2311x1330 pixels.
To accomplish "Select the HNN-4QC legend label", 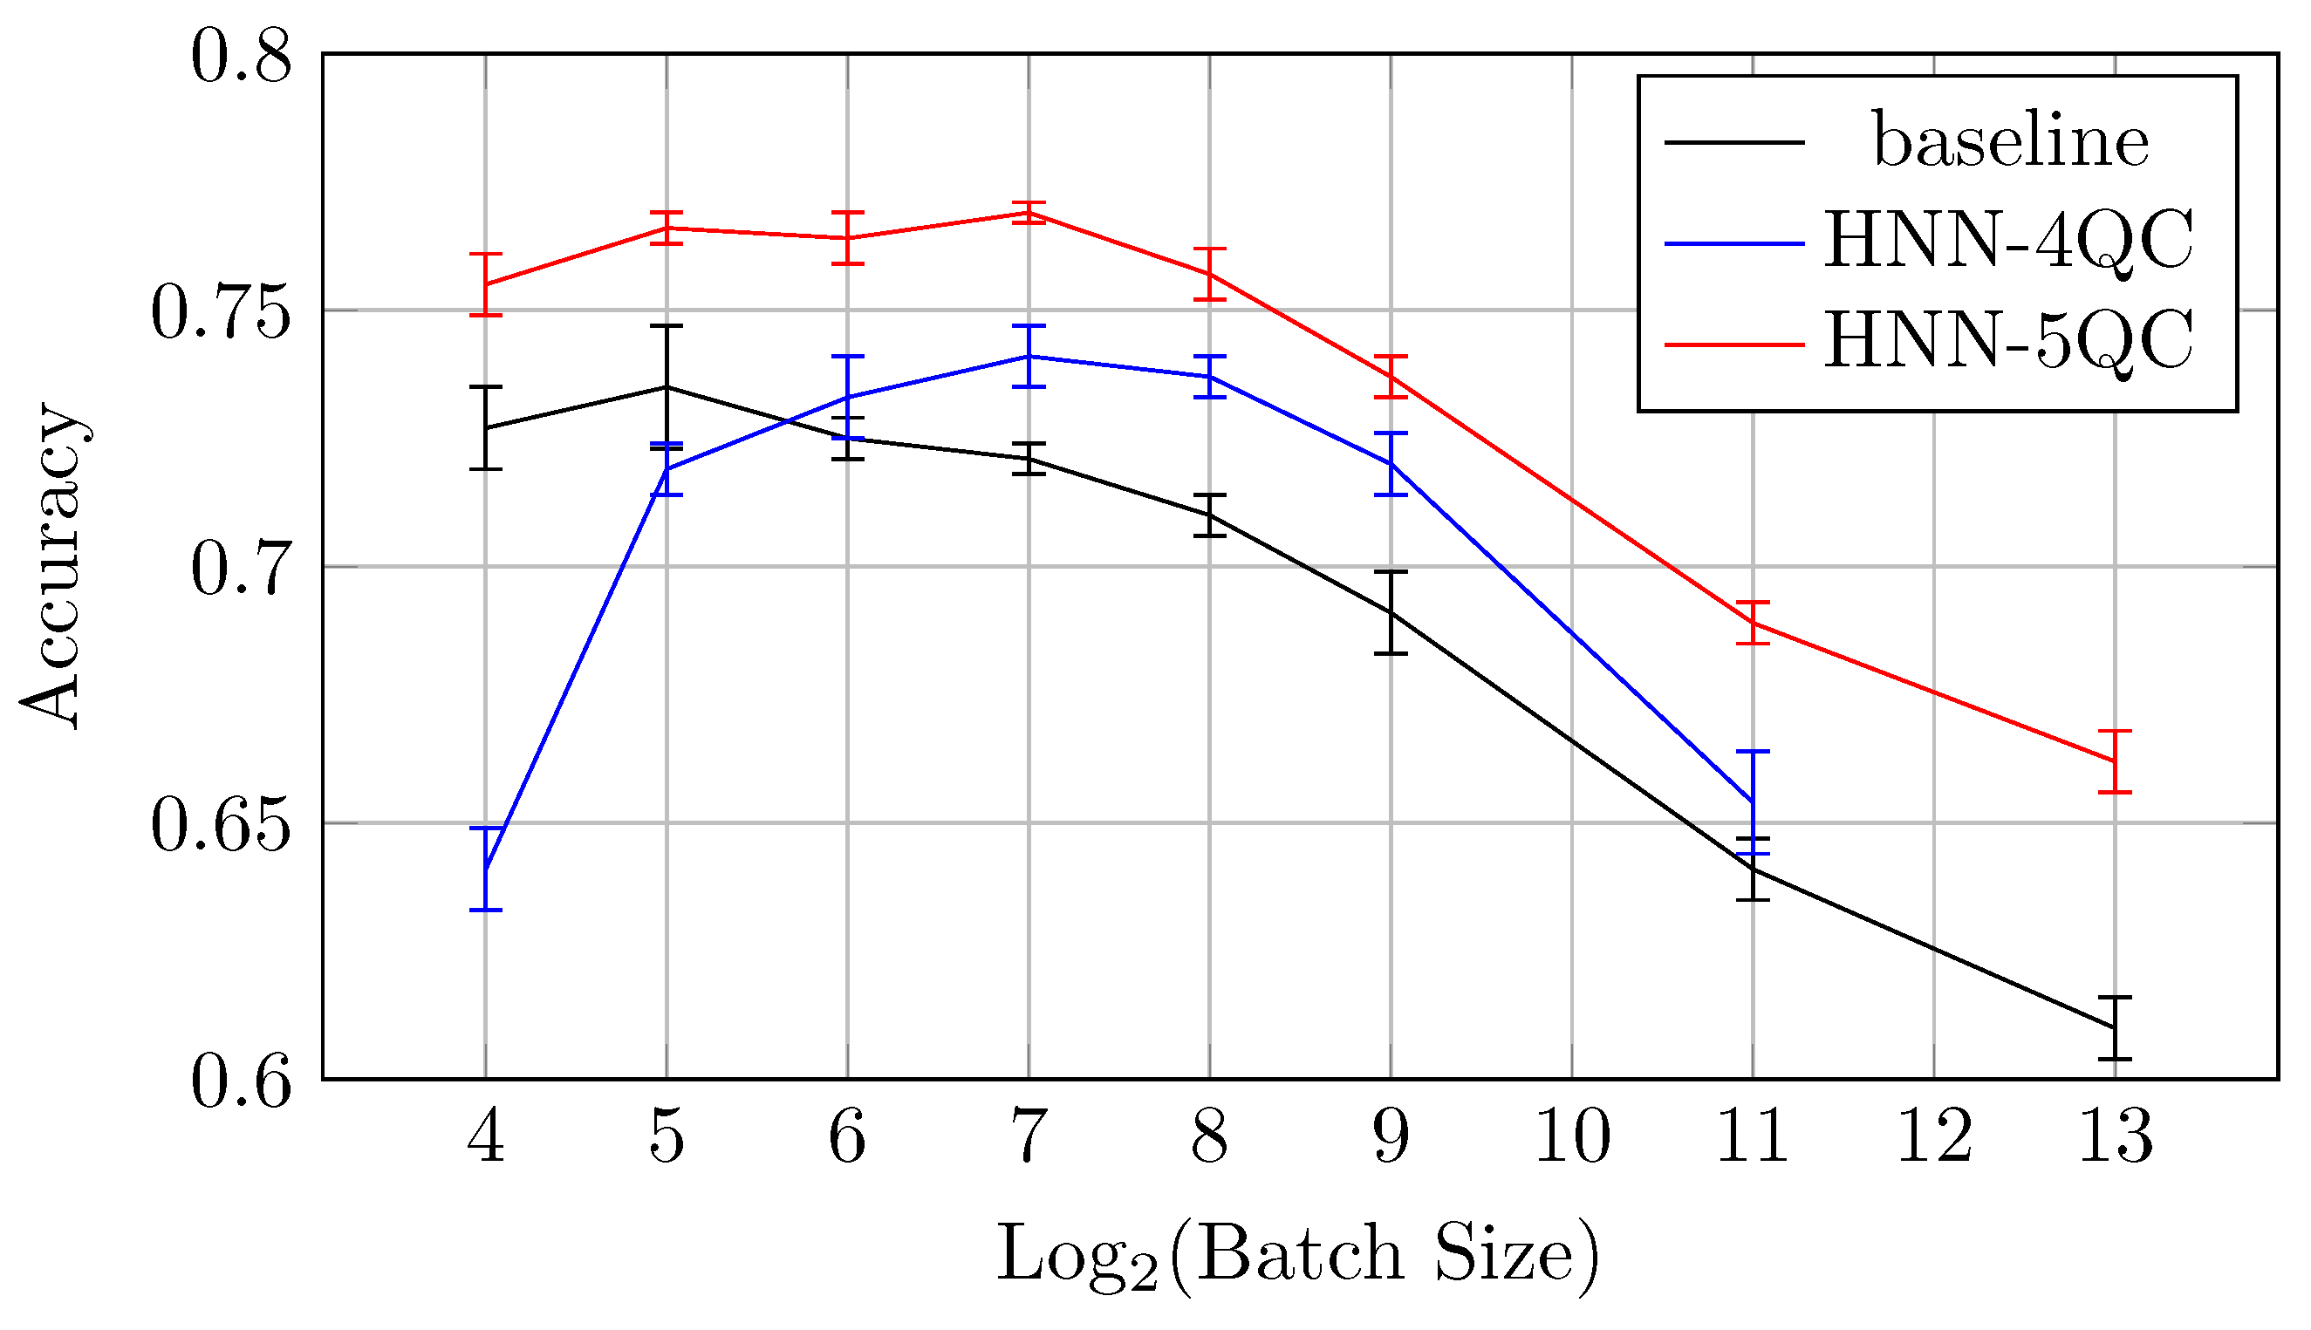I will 2007,242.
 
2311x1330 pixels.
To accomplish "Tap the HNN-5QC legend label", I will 2007,342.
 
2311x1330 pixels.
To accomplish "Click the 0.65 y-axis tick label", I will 220,826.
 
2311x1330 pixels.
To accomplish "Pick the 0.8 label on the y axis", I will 241,58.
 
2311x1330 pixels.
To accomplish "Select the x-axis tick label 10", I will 1572,1138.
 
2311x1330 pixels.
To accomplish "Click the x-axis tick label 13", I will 2116,1138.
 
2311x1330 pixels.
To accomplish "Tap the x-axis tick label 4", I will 485,1138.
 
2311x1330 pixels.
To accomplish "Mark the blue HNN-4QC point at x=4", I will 486,869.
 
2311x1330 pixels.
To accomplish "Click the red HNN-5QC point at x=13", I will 2115,760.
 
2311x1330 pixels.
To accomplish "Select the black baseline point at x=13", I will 2115,1027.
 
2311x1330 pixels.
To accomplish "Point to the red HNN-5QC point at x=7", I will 1029,213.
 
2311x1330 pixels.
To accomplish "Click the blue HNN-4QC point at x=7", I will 1029,356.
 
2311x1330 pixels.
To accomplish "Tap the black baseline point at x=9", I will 1391,612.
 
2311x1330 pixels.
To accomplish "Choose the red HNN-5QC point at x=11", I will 1753,623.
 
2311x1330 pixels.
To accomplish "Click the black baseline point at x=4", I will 486,427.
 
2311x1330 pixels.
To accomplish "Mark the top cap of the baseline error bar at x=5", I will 667,326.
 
